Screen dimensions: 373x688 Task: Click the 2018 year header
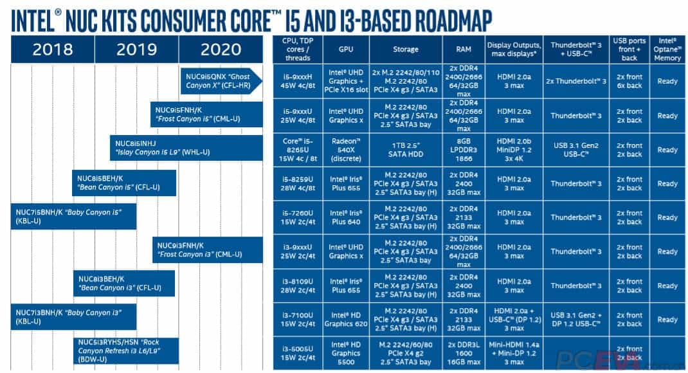[x=53, y=50]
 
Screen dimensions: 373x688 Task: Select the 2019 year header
[x=137, y=50]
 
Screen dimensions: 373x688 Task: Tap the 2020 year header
[x=221, y=50]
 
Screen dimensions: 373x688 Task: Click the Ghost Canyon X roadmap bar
[x=221, y=80]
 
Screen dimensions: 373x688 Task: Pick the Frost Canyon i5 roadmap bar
[x=206, y=114]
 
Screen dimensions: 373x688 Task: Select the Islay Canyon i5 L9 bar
[x=186, y=147]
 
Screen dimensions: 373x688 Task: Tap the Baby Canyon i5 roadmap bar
[x=73, y=216]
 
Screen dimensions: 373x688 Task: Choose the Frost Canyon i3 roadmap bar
[x=207, y=250]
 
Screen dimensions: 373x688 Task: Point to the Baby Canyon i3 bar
[x=73, y=317]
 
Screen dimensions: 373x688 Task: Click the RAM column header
[x=463, y=50]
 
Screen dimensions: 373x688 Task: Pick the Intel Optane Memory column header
[x=667, y=50]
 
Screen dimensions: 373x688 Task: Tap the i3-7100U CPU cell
[x=298, y=320]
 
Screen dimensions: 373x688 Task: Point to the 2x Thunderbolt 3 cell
[x=576, y=82]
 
